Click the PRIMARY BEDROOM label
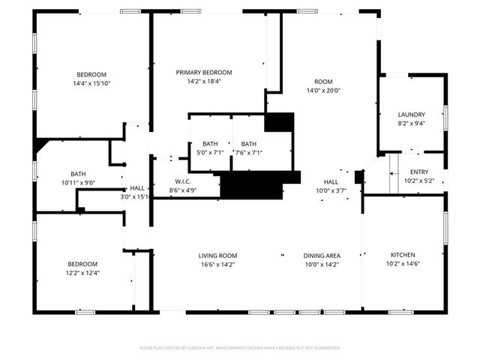coord(204,73)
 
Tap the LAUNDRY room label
coord(411,115)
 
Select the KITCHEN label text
coord(403,255)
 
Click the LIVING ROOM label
coord(217,255)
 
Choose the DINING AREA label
coord(322,255)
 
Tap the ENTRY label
coord(419,172)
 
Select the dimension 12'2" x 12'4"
coord(82,273)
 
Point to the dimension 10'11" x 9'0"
coord(79,182)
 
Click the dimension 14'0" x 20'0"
coord(323,91)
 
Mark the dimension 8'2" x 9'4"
coord(411,124)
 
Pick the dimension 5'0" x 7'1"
coord(210,152)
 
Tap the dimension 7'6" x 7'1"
coord(248,152)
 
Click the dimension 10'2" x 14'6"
coord(403,264)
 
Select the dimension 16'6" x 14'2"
coord(217,264)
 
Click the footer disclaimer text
coord(240,348)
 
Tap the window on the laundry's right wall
coord(445,116)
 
